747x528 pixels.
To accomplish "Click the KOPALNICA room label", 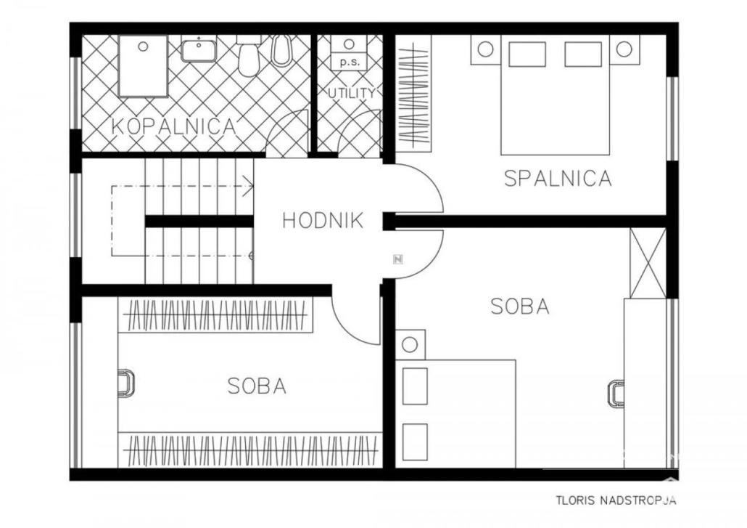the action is (174, 126).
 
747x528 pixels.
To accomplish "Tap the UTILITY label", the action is (352, 93).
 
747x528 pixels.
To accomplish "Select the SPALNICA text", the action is (558, 178).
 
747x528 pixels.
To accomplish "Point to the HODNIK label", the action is (323, 220).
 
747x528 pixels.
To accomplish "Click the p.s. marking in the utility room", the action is (349, 62).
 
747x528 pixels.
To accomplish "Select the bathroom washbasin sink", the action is (199, 50).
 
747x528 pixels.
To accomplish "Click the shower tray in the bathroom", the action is (143, 65).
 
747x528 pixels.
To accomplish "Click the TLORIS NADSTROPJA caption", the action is (616, 500).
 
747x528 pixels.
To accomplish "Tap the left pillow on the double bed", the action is (527, 54).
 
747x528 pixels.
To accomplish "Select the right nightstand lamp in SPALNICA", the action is (624, 49).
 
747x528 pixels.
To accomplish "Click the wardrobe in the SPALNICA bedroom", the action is (414, 94).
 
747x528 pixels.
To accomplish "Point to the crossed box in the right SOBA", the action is (648, 264).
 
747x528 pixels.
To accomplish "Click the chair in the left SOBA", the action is (126, 383).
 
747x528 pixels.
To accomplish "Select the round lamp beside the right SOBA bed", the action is (410, 344).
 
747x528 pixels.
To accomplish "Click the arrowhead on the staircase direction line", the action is (248, 186).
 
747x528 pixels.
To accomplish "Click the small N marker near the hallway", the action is (398, 259).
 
